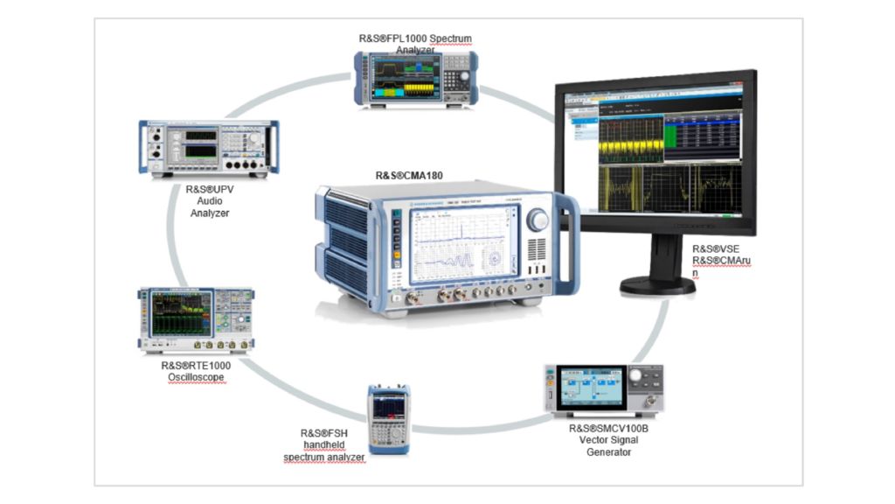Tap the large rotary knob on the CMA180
pos(538,220)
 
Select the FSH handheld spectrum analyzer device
pos(388,418)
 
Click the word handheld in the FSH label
pos(324,444)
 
